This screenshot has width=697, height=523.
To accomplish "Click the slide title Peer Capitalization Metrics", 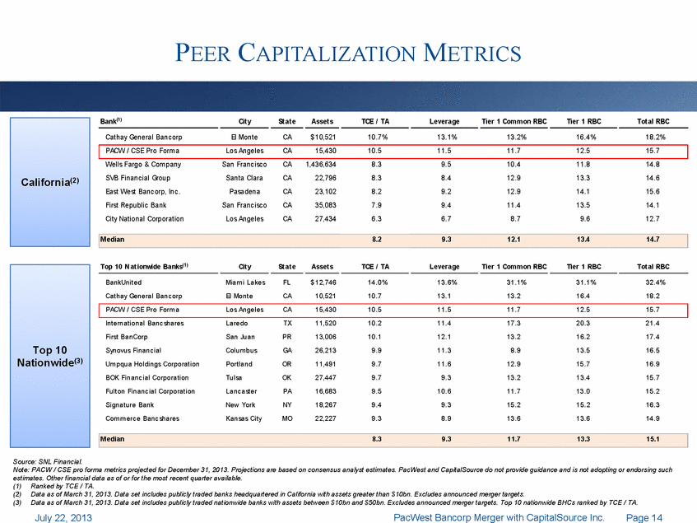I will (348, 54).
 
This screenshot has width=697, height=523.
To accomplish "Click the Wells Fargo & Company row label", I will (143, 165).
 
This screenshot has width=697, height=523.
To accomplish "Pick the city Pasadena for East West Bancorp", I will (244, 192).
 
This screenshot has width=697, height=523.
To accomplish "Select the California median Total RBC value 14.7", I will (653, 239).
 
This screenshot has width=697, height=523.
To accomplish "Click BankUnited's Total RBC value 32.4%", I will (652, 283).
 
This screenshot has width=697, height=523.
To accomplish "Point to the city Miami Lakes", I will (245, 283).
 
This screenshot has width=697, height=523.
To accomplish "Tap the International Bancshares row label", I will (146, 324).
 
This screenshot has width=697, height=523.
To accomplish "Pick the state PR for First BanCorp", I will (287, 337).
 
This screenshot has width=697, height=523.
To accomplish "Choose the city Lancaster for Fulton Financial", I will (244, 391).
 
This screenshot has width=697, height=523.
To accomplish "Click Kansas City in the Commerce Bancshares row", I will (244, 418).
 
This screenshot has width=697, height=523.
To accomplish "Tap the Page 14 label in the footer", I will (645, 516).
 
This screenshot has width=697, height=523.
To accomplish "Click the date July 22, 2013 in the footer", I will (63, 516).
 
